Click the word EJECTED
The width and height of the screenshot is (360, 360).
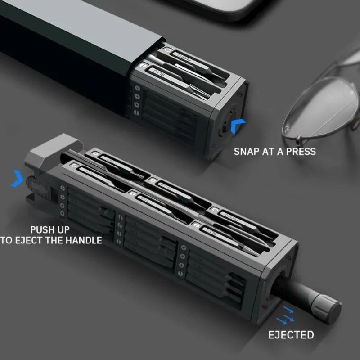tap(291, 335)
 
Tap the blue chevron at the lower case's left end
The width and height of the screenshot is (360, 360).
tap(18, 178)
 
